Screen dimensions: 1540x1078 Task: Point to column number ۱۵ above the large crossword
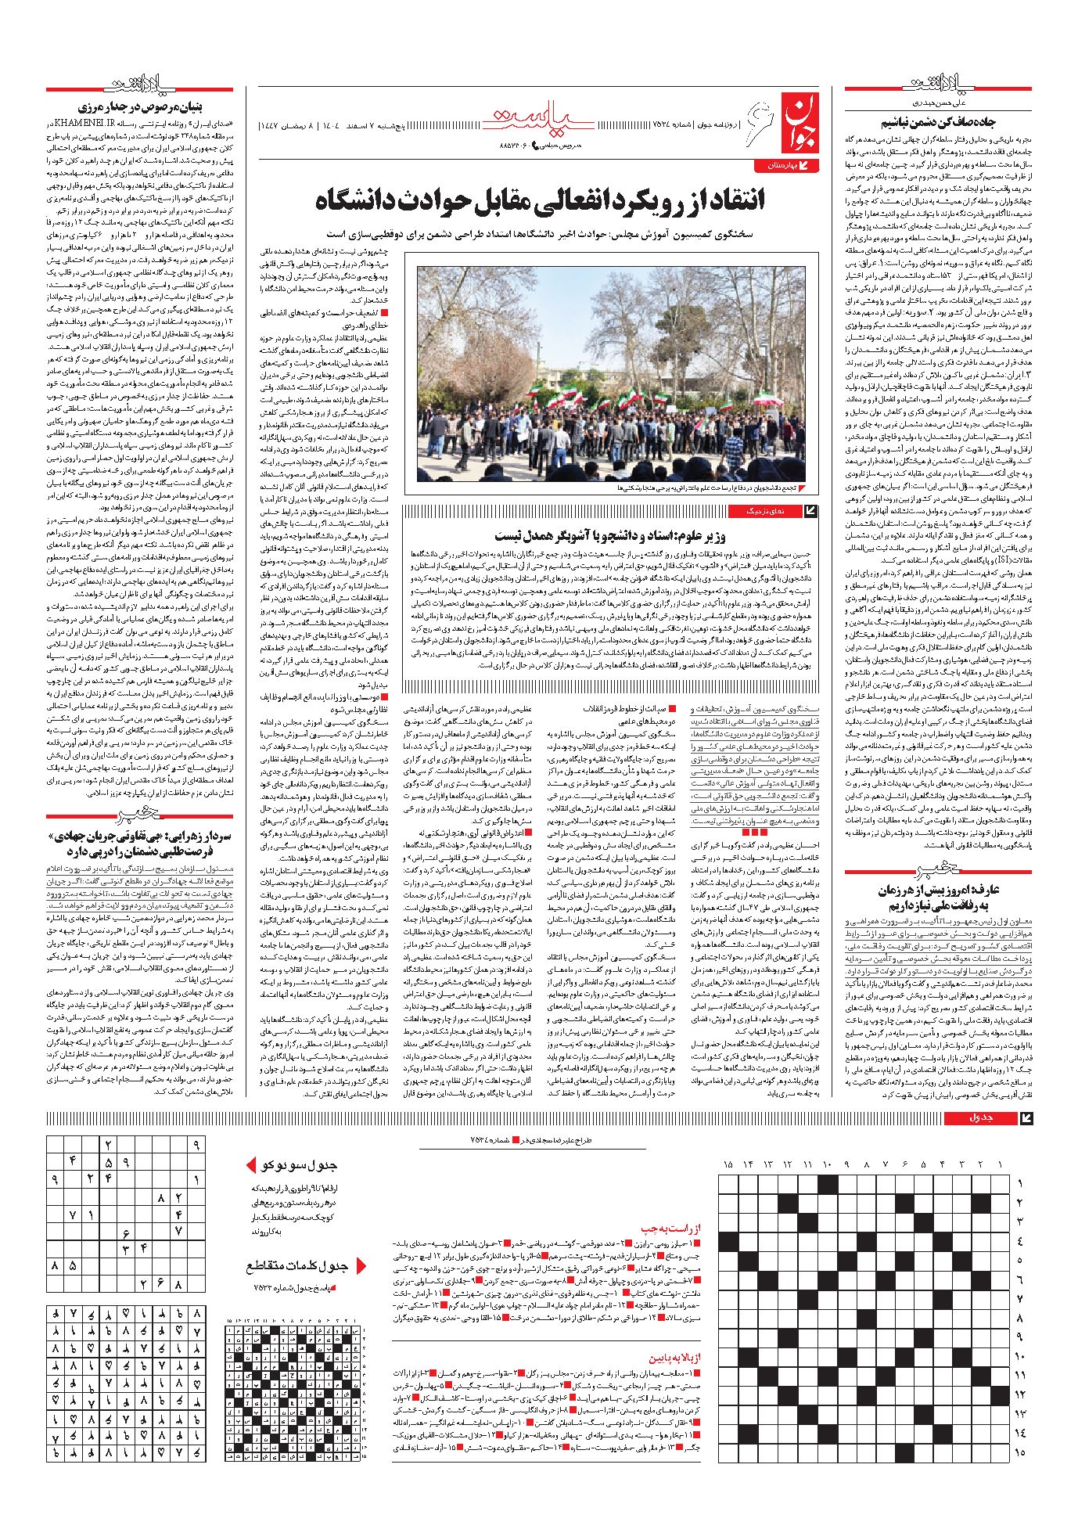pos(728,1164)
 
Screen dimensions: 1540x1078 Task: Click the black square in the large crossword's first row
pos(827,1183)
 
